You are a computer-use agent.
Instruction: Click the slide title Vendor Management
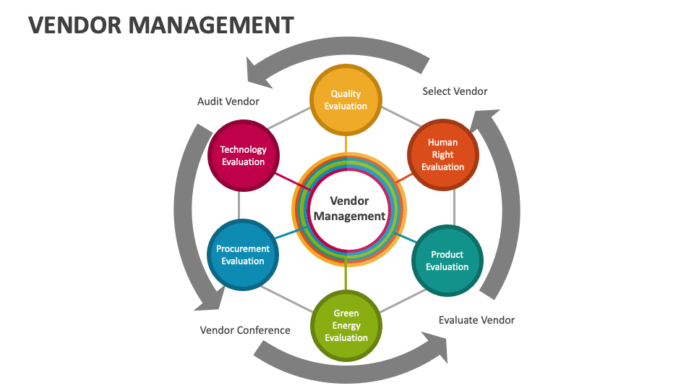tap(161, 25)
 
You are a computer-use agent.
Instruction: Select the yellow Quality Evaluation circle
tap(346, 100)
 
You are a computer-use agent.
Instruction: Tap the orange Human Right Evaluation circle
tap(442, 155)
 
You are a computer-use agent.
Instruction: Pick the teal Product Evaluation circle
tap(447, 261)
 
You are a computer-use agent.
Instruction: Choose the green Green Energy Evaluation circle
tap(346, 325)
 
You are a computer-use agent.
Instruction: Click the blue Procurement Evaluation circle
tap(243, 255)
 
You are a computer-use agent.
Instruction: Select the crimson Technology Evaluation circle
tap(243, 156)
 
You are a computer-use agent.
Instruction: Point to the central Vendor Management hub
tap(349, 209)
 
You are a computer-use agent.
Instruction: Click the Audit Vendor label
tap(228, 101)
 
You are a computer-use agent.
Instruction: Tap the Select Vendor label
tap(455, 91)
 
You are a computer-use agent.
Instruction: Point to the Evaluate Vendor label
tap(476, 320)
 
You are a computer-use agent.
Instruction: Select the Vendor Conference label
tap(245, 330)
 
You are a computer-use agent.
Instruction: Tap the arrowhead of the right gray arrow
tap(487, 119)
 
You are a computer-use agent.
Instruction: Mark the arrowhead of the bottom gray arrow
tap(438, 348)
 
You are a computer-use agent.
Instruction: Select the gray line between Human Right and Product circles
tap(454, 207)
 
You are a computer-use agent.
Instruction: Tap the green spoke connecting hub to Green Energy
tap(346, 276)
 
